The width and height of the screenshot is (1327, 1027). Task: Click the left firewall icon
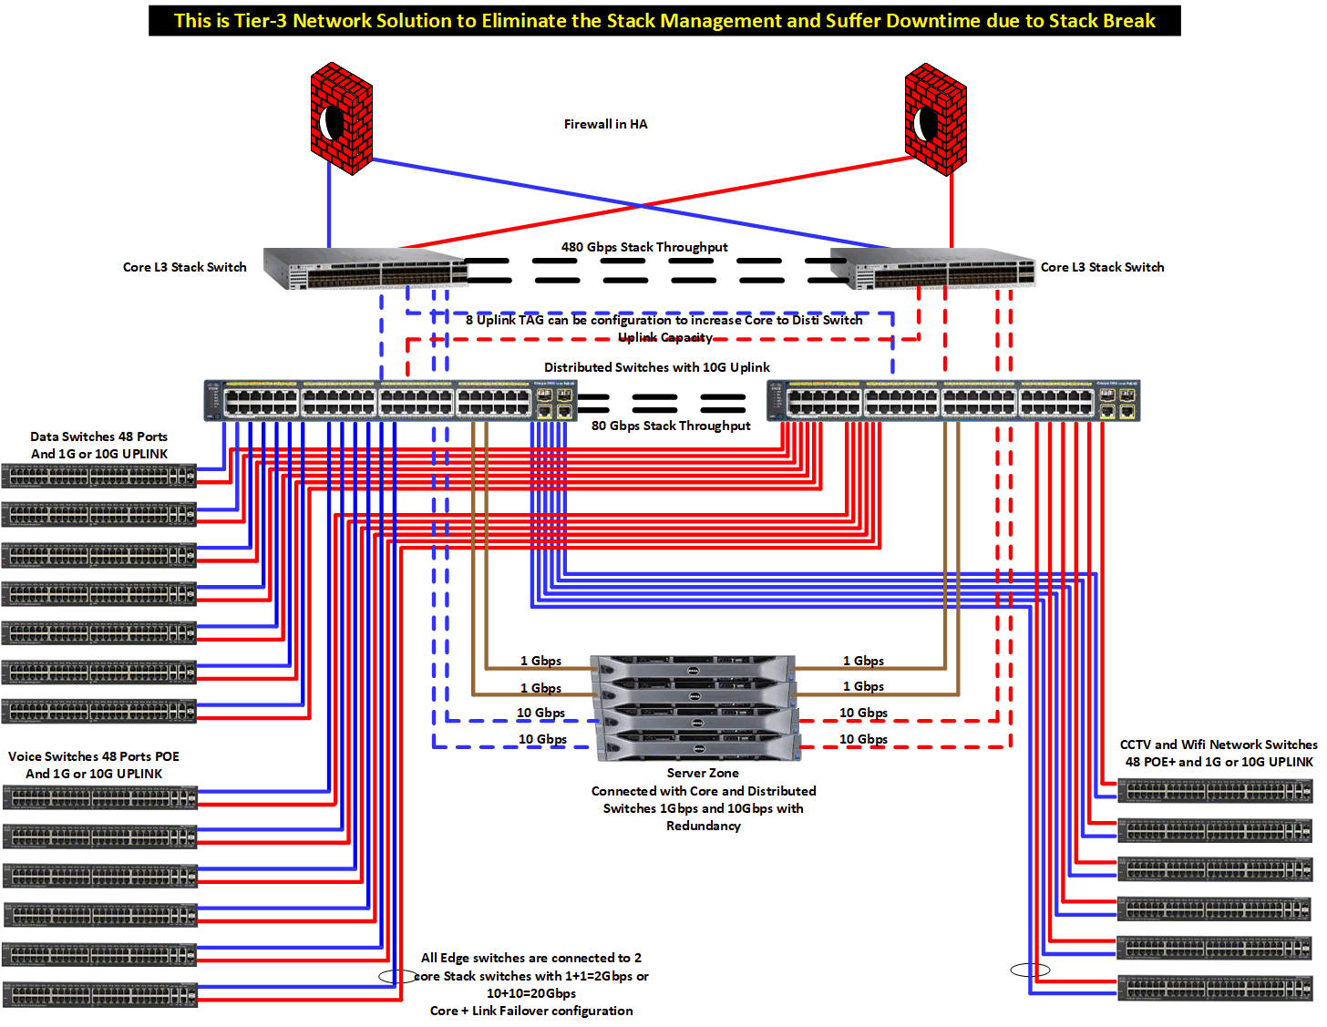click(341, 118)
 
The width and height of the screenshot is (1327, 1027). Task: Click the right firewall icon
click(935, 118)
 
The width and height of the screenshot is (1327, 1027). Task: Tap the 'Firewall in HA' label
click(605, 125)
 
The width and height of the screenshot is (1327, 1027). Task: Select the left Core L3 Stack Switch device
click(365, 269)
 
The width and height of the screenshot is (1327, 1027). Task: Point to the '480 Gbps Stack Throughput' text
click(644, 247)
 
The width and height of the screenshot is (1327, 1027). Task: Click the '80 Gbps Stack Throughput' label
click(671, 426)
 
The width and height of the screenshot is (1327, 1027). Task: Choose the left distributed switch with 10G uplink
click(390, 401)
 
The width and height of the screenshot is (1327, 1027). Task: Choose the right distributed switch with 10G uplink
click(953, 401)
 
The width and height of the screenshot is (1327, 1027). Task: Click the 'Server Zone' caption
click(703, 773)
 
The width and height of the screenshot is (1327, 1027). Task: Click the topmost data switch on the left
click(98, 476)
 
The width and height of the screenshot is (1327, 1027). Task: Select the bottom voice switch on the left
click(99, 993)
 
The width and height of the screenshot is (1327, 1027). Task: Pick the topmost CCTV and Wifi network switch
click(1215, 791)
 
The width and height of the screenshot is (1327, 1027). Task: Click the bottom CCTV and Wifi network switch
click(1215, 988)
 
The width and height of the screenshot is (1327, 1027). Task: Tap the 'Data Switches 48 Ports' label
click(98, 436)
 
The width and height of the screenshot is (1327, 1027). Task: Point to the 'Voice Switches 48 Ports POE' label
click(94, 756)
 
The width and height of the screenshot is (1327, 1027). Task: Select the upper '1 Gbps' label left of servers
click(540, 661)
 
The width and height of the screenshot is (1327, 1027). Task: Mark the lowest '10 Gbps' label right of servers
click(863, 739)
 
